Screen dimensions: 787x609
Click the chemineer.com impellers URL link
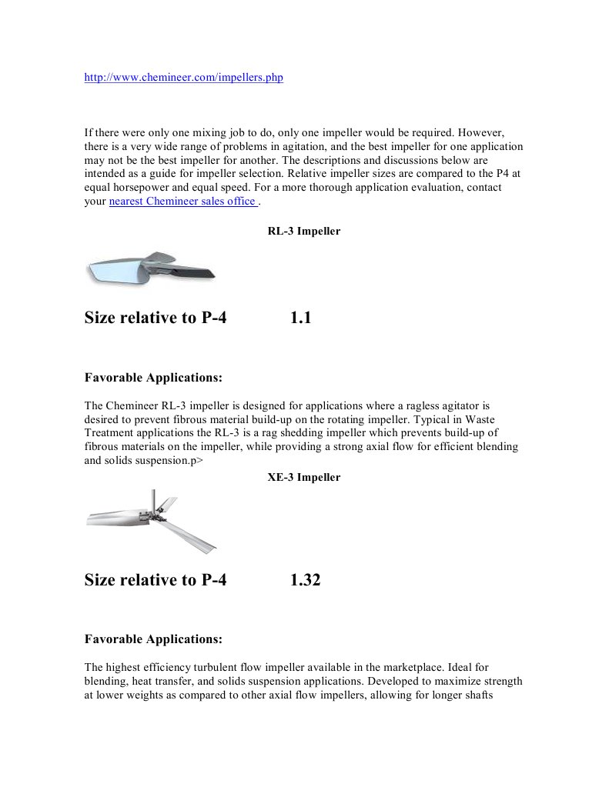(183, 78)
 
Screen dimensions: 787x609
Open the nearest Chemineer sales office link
(183, 202)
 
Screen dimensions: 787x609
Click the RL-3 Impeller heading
(303, 231)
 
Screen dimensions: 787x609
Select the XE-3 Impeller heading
(303, 477)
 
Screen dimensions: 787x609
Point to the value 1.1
(300, 318)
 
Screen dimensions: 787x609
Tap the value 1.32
(305, 580)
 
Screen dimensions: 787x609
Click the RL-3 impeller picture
(150, 268)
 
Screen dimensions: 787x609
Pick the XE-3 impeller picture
(151, 521)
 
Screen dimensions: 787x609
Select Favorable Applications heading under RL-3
(153, 378)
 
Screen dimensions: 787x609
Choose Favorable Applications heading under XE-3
(153, 639)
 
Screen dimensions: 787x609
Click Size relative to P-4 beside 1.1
(156, 318)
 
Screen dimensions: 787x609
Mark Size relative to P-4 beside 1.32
(156, 580)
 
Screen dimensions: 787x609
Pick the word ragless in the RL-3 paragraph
(421, 405)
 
